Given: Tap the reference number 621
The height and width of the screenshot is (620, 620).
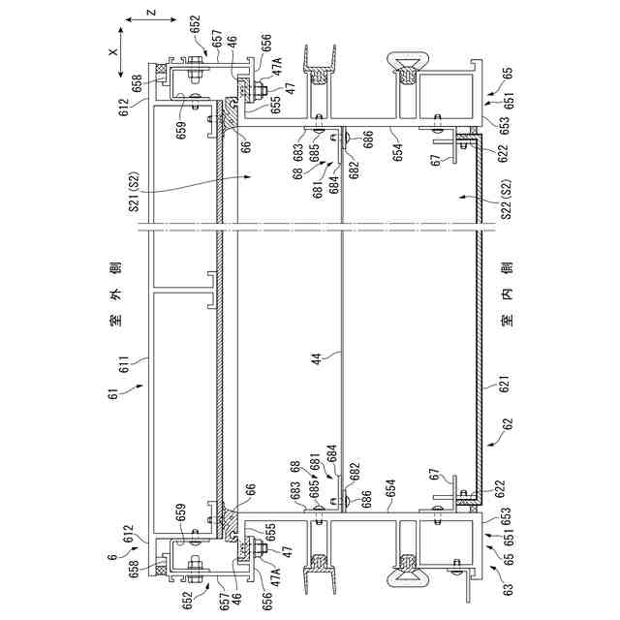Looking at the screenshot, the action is point(505,384).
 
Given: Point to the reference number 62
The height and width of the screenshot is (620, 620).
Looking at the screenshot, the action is point(505,424).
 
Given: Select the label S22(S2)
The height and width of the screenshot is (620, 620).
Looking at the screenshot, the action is point(505,211).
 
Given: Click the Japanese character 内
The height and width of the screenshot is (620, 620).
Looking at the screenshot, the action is point(505,293).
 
